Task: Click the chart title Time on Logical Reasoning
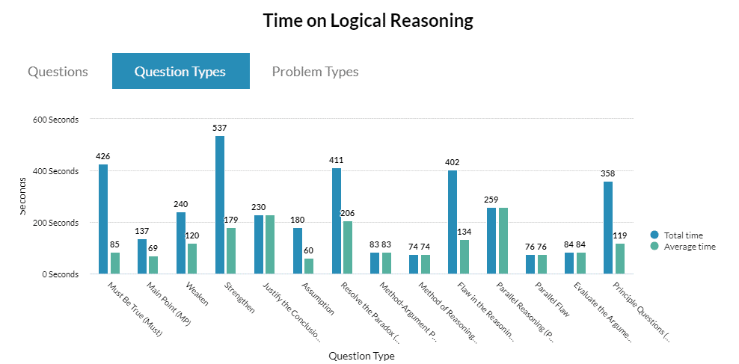368,21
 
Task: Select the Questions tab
58,72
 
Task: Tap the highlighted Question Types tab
180,72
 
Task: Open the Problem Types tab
315,72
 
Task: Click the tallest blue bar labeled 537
220,205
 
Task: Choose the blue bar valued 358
608,228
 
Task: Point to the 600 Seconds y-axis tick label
54,120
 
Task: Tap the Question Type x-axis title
361,356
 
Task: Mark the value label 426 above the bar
103,156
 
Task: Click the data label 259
491,200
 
